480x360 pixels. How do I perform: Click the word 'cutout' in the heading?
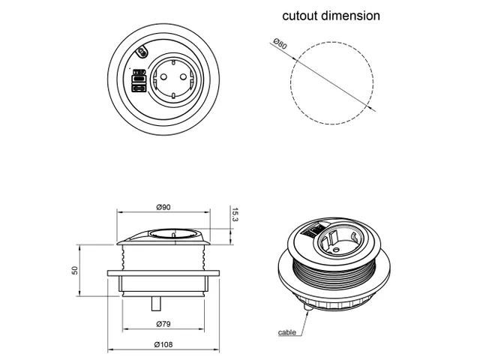(300, 16)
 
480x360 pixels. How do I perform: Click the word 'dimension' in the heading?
(351, 16)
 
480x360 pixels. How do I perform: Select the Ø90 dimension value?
(165, 207)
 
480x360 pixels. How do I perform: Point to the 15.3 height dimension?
(235, 215)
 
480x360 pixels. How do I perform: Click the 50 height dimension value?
(75, 270)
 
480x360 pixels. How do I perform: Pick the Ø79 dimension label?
(165, 324)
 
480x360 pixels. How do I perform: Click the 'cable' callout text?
(286, 331)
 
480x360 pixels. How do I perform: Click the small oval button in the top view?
(143, 52)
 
